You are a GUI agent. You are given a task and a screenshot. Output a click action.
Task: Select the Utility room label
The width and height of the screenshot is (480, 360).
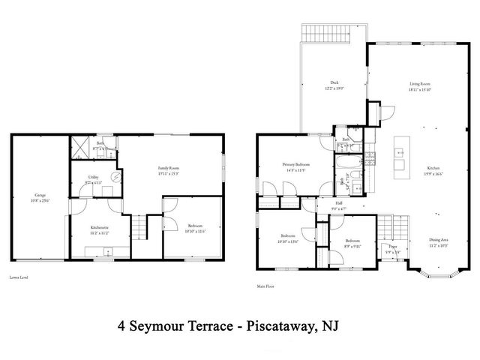click(93, 178)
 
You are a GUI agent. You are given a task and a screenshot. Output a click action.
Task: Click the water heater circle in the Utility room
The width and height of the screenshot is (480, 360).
click(115, 177)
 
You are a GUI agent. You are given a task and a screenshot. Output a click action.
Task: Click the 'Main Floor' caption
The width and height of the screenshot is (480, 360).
click(266, 285)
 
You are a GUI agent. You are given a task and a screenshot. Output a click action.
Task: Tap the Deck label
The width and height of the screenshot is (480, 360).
click(335, 83)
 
